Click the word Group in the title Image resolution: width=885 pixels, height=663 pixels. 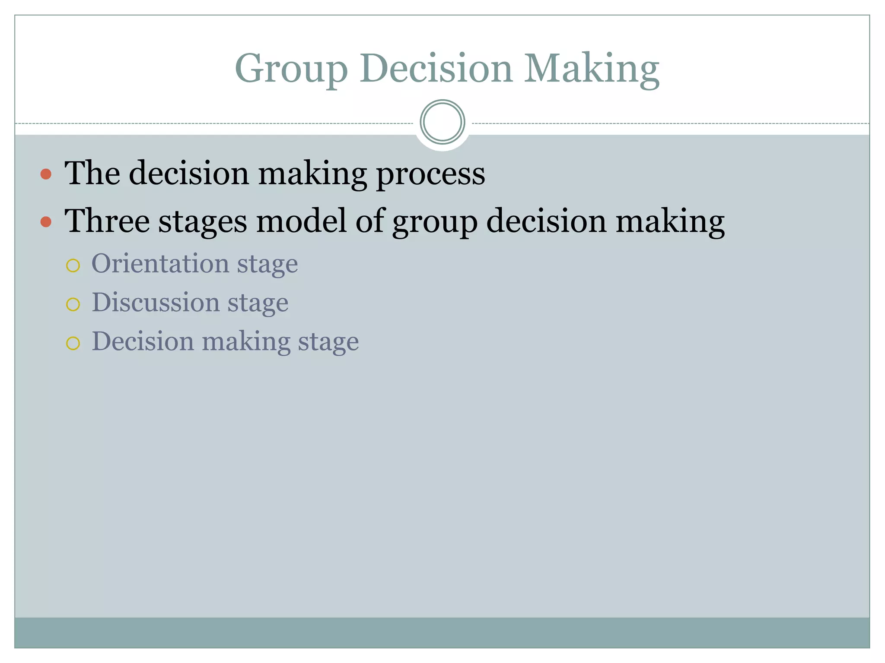[x=291, y=69]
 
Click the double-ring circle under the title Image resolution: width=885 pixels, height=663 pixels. [x=442, y=122]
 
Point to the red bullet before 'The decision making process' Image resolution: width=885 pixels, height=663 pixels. [x=46, y=174]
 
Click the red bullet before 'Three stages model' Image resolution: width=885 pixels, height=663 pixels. [x=46, y=222]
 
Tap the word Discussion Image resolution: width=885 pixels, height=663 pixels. [x=156, y=302]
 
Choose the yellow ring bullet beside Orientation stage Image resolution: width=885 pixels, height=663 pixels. [x=73, y=265]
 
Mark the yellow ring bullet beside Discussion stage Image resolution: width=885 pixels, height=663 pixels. [x=73, y=304]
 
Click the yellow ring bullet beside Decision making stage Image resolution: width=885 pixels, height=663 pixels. [x=73, y=344]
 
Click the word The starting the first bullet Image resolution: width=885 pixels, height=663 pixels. [x=92, y=173]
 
